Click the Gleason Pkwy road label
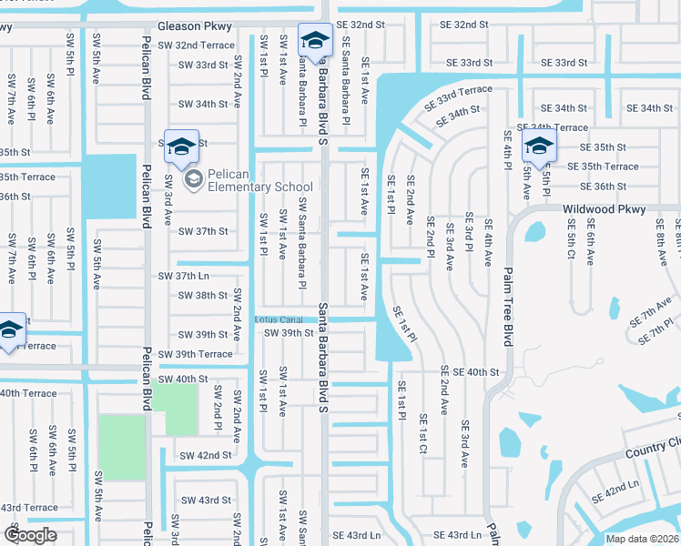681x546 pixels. click(195, 26)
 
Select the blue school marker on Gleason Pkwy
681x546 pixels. click(315, 43)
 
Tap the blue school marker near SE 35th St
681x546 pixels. click(539, 148)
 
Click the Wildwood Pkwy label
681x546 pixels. click(604, 209)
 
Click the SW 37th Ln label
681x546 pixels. click(183, 276)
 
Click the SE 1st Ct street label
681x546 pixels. click(422, 436)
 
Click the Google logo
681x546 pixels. click(30, 534)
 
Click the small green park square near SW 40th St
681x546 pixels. click(174, 409)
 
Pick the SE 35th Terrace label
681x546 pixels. click(604, 167)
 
